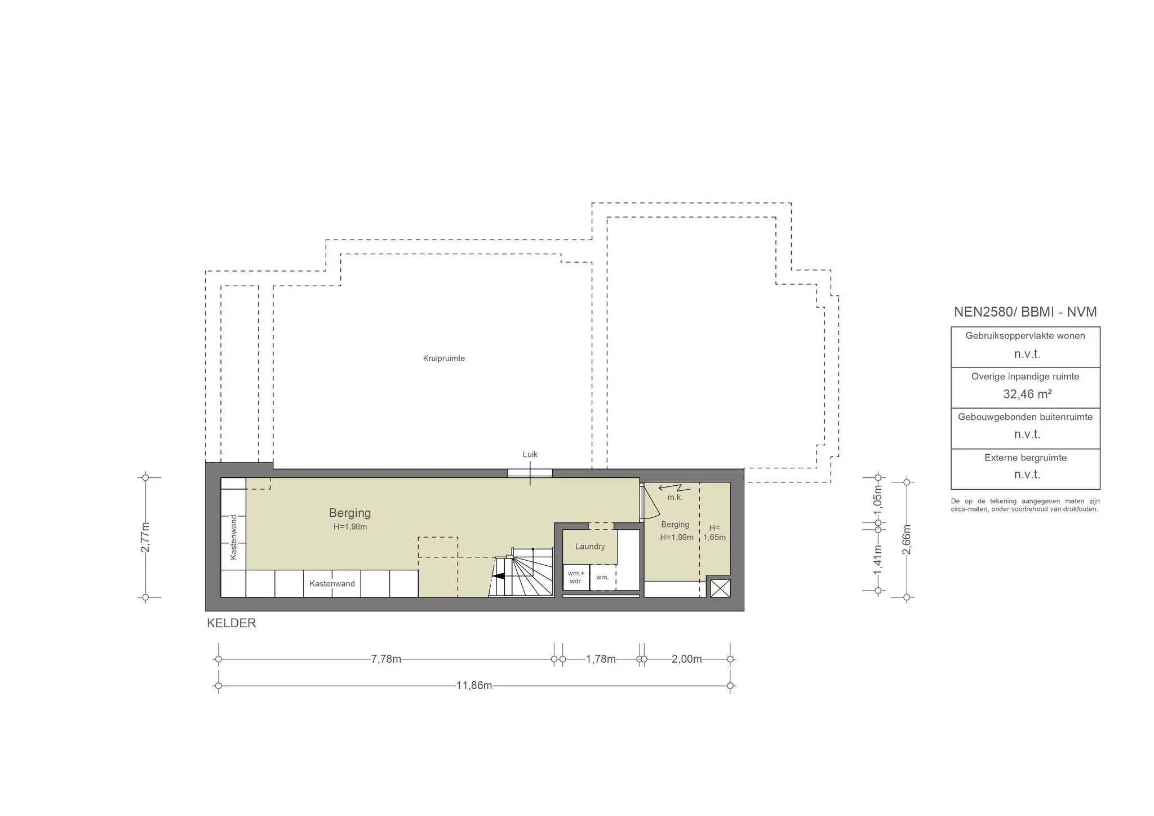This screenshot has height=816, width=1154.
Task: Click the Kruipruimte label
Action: (x=444, y=358)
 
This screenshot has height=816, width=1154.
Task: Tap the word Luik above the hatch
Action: (x=530, y=454)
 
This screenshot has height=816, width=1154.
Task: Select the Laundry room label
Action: (x=590, y=547)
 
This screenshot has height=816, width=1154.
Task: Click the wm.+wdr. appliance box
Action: (x=576, y=577)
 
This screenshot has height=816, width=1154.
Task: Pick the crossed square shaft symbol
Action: (x=720, y=588)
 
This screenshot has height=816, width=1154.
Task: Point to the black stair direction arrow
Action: (x=498, y=576)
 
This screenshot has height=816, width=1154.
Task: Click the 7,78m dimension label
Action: (x=386, y=659)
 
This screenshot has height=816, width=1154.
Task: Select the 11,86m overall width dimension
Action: (x=474, y=686)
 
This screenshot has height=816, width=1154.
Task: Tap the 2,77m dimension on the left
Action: (x=145, y=537)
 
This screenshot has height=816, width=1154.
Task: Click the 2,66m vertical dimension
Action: (x=907, y=539)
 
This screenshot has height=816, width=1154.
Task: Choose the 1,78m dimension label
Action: (x=601, y=659)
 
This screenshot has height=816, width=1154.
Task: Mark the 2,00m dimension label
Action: (x=686, y=659)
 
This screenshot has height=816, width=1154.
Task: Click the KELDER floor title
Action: (x=232, y=623)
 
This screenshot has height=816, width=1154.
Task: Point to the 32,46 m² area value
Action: (x=1027, y=394)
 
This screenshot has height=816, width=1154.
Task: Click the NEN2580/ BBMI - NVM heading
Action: (x=1025, y=312)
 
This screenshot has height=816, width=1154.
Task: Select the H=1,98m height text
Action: (x=350, y=527)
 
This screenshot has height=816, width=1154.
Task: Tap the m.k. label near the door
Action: (x=674, y=498)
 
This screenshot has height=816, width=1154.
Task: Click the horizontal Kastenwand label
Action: (x=332, y=584)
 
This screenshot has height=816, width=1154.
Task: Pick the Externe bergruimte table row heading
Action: (x=1026, y=458)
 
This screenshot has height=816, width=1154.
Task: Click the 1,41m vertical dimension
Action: (x=878, y=561)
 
